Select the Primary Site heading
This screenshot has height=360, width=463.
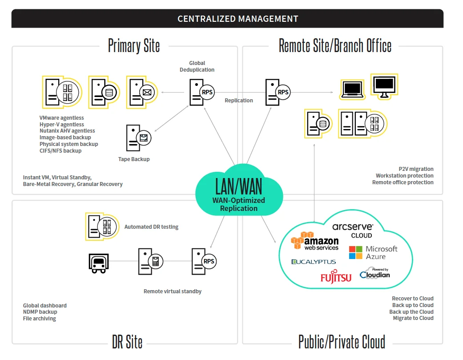coord(134,46)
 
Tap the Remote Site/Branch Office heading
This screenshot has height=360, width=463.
coord(335,46)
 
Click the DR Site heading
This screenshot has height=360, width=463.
coord(127,342)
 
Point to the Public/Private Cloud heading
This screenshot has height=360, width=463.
coord(342,342)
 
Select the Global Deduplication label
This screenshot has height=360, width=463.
coord(197,66)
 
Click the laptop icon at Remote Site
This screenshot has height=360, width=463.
coord(353,89)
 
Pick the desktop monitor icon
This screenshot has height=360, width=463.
coord(384,85)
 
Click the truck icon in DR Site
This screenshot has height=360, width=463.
coord(98,263)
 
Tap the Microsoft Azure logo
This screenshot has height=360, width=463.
coord(373,252)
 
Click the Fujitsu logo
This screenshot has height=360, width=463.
coord(336,277)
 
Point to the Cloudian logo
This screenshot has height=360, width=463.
coord(374,273)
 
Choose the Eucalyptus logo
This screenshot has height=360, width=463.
coord(314,262)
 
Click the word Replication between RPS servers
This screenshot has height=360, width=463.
coord(239,101)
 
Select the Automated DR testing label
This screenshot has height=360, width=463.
coord(151,227)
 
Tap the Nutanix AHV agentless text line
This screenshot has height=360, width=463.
coord(67,131)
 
